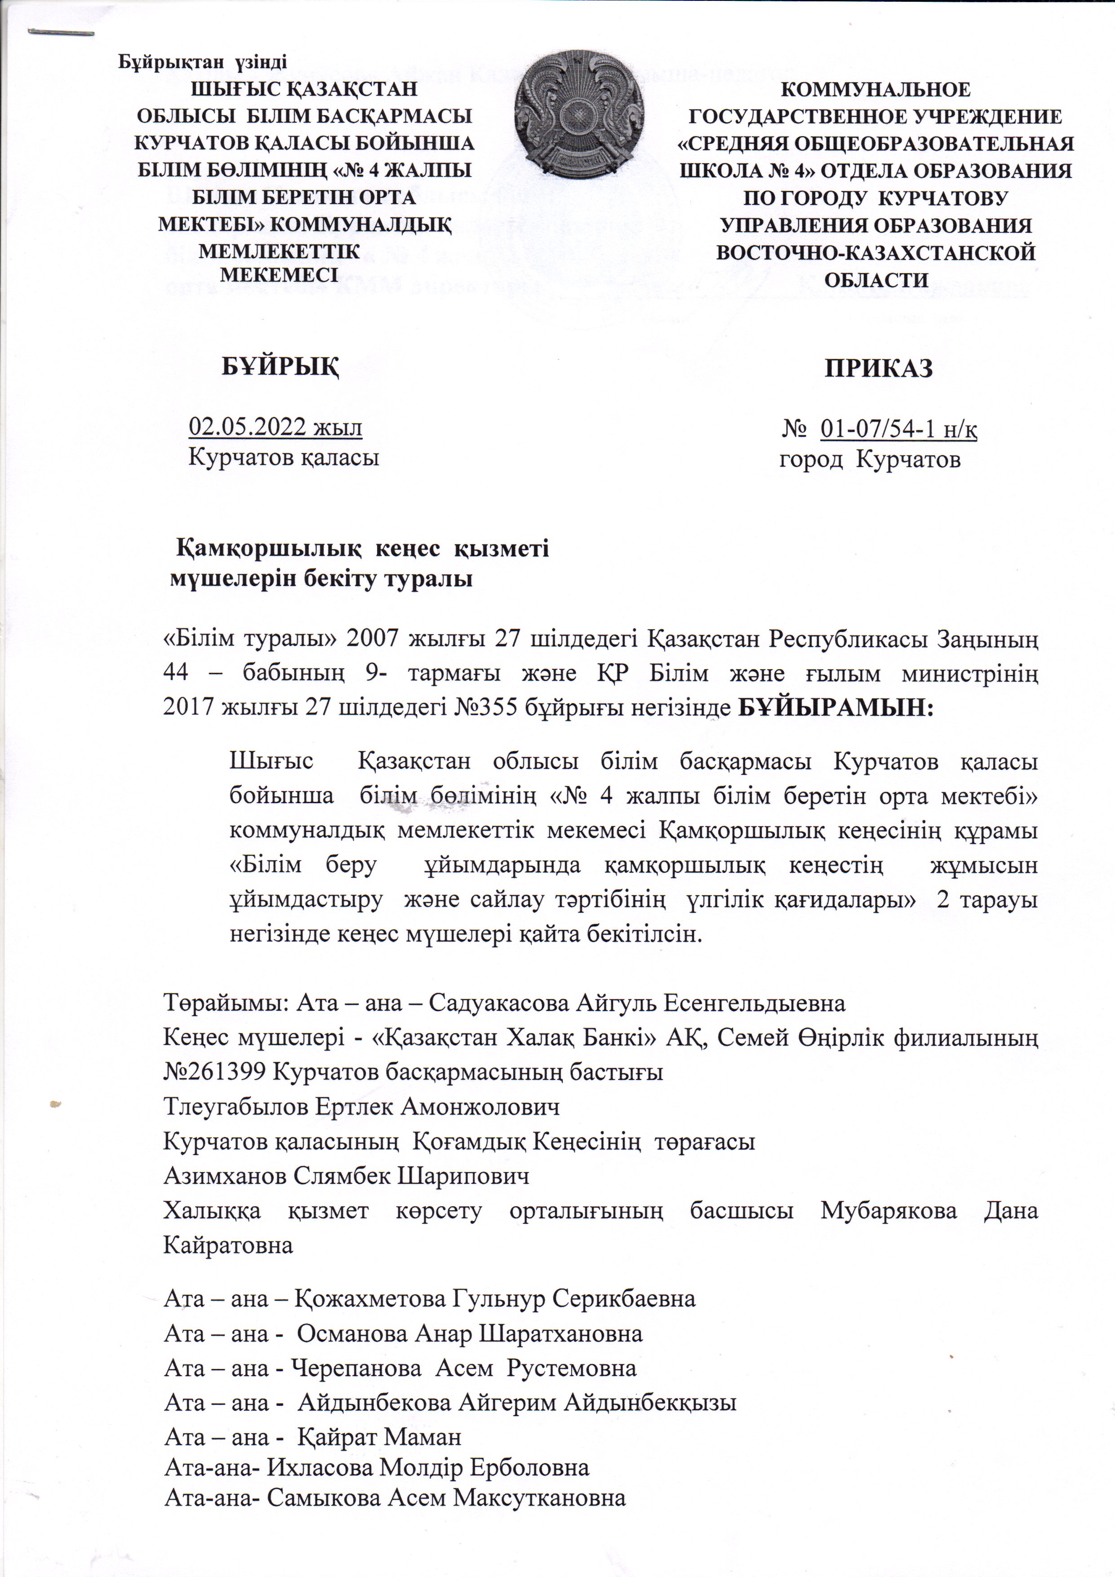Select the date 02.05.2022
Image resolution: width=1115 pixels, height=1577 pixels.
[248, 427]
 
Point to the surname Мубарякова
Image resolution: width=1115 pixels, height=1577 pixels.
[888, 1210]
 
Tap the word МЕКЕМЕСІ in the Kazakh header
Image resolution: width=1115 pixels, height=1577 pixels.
[278, 275]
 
